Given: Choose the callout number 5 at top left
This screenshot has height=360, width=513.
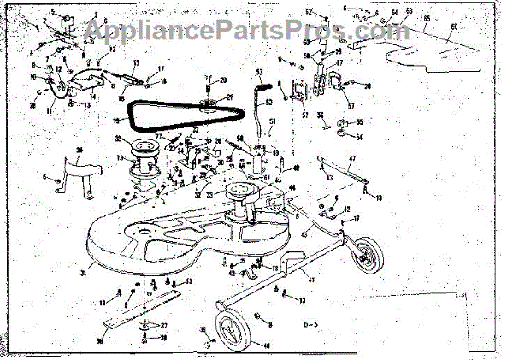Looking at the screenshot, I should tap(53, 11).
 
